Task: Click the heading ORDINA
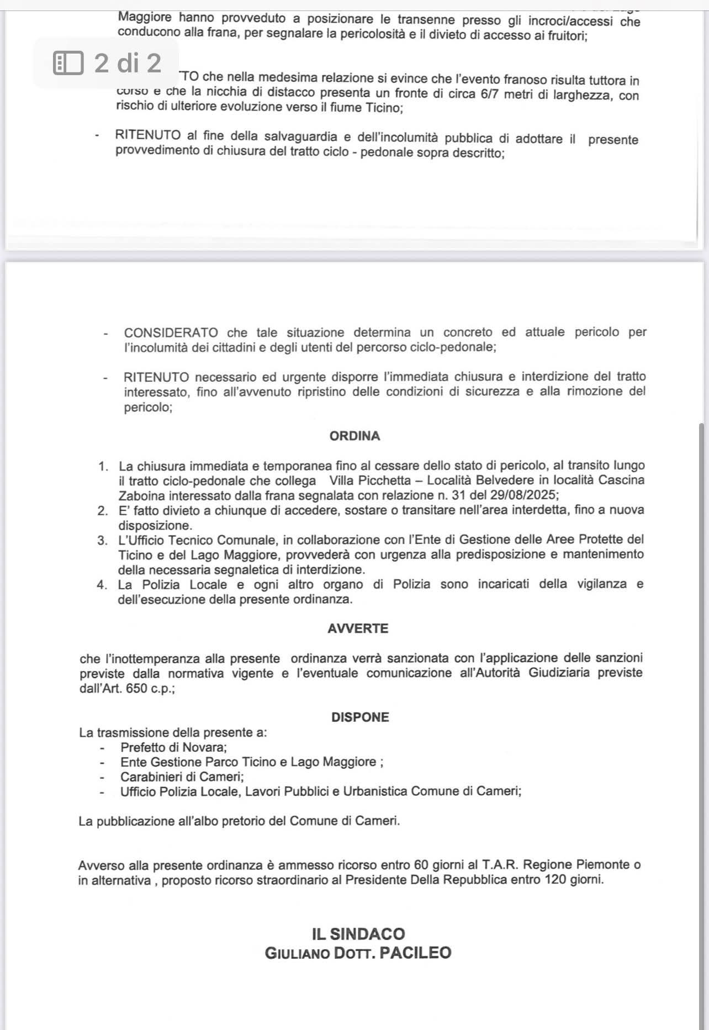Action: click(354, 436)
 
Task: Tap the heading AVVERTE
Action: click(358, 628)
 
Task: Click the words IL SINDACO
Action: click(358, 934)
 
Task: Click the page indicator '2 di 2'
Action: click(128, 63)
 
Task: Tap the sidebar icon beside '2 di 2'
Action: click(68, 63)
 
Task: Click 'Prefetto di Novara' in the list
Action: click(173, 747)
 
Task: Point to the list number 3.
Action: click(102, 540)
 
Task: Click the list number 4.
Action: click(102, 585)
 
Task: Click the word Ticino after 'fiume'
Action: click(383, 108)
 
